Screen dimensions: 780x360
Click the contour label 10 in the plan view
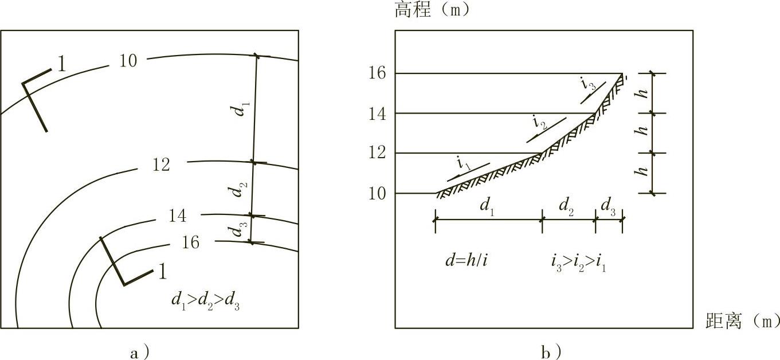pos(128,60)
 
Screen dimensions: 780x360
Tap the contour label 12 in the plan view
pos(162,165)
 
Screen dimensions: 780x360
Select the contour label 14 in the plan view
pos(178,216)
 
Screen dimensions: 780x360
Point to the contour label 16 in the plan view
pos(190,243)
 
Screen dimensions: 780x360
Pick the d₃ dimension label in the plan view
pos(236,231)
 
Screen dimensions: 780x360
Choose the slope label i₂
pos(539,122)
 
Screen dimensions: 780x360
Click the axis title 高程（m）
pos(432,10)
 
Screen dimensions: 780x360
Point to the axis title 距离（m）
pos(742,321)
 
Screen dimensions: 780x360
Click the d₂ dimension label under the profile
pos(567,204)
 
